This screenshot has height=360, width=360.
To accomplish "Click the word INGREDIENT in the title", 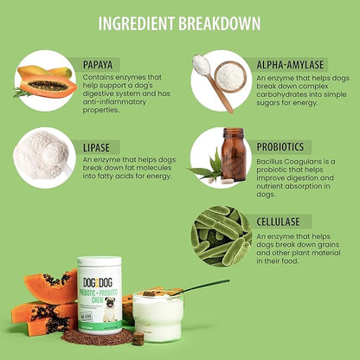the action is (x=136, y=23).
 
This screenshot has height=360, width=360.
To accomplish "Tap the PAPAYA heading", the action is (x=98, y=65).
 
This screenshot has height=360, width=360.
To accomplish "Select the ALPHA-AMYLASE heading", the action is (x=290, y=65).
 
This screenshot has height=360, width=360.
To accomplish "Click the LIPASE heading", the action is (x=96, y=148).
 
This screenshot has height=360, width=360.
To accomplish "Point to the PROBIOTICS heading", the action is (x=280, y=147).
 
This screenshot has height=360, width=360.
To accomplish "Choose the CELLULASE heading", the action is (x=278, y=222).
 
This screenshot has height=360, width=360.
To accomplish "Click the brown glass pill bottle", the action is (x=234, y=154).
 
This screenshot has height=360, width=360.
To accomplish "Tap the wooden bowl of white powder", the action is (x=230, y=77).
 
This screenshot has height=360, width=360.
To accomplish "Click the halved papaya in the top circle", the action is (x=48, y=86).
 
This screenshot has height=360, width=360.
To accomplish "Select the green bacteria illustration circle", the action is (x=222, y=236).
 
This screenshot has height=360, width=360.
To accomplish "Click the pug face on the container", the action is (x=111, y=305).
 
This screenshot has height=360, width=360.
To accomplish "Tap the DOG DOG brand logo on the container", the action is (x=98, y=283).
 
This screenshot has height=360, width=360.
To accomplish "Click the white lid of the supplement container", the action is (x=100, y=261).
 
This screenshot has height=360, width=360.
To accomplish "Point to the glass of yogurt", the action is (x=157, y=317).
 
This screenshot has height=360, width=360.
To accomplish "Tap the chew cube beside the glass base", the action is (x=138, y=338).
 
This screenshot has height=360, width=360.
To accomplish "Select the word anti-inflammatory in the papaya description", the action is (x=114, y=102).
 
